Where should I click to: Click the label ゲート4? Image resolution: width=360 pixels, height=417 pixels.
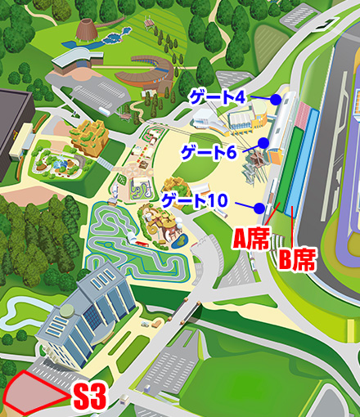pos(217,97)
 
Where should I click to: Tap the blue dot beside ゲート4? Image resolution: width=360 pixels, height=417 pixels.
pos(277,99)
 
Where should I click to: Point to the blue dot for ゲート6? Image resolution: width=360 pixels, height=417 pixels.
pos(264,142)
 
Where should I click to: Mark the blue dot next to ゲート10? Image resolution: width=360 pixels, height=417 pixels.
pos(258,206)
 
